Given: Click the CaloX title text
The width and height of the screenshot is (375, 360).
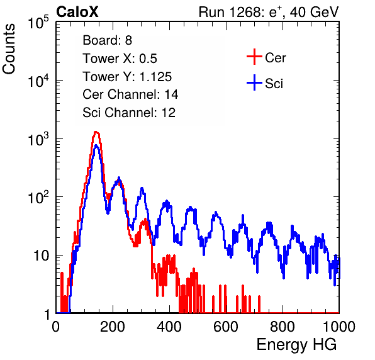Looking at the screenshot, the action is click(77, 12).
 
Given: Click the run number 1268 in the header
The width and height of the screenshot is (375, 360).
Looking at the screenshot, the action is click(246, 12).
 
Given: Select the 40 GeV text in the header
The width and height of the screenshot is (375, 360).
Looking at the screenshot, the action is click(314, 12).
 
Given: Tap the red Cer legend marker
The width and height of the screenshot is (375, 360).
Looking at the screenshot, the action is click(254, 57).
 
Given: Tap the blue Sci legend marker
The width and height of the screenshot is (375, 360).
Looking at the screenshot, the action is click(254, 83).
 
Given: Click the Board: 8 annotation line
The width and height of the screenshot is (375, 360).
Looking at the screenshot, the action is click(107, 40).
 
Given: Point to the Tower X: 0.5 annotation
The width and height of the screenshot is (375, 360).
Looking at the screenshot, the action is click(120, 59).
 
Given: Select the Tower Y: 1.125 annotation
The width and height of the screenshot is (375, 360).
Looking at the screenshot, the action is click(127, 77).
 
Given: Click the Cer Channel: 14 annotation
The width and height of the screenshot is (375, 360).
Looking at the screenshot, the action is click(130, 94).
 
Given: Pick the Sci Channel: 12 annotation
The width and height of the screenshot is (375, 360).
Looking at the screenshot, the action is click(129, 113).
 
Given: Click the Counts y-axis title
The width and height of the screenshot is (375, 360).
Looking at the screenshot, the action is click(9, 49).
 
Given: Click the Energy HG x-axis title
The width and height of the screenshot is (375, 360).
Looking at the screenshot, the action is click(296, 344).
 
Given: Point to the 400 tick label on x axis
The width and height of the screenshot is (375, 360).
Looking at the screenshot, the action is click(169, 327).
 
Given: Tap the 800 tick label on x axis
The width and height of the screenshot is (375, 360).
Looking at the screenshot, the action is click(283, 327).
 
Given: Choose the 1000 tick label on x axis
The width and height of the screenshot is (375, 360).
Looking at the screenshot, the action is click(339, 327).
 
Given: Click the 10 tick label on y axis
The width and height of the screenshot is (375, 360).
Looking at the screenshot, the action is click(42, 256).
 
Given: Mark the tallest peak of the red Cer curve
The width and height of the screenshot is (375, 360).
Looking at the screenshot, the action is click(96, 132).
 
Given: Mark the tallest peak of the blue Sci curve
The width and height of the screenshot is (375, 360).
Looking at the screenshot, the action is click(96, 145).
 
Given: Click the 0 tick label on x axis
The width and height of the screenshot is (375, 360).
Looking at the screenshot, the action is click(56, 327).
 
